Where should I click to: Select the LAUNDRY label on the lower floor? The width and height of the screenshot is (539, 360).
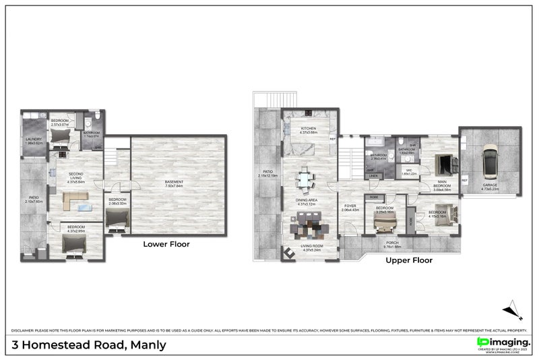coord(34,141)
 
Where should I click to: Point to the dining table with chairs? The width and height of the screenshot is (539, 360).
coord(307,180)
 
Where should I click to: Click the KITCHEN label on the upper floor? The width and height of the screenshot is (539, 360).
coord(309,129)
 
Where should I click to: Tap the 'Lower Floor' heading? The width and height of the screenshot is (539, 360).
coord(166,244)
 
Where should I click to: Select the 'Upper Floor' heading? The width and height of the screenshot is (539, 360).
coord(408,260)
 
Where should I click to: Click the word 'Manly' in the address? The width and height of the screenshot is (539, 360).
coord(146,346)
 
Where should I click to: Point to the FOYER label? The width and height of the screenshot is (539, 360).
coord(350,207)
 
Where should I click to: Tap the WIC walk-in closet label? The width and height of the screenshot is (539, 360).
coord(408,171)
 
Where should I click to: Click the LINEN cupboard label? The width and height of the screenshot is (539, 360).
coord(373,176)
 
